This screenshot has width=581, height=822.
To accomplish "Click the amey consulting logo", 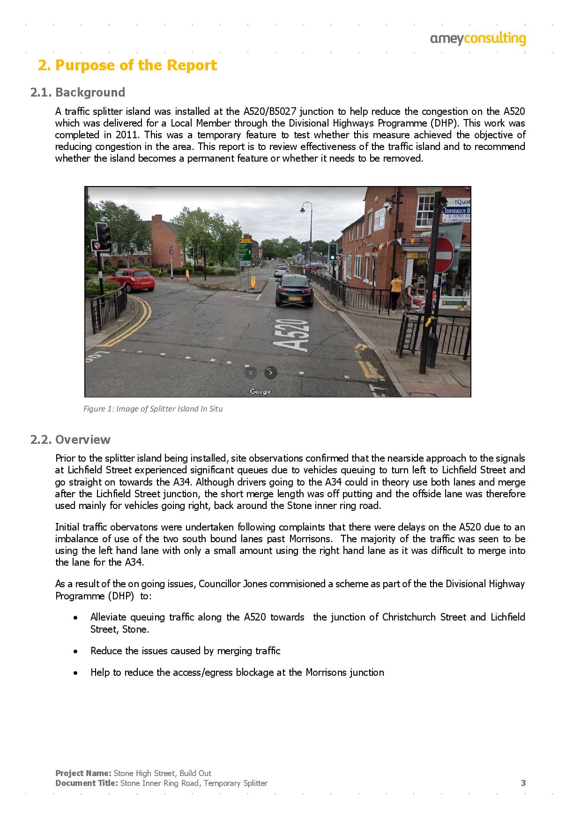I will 478,39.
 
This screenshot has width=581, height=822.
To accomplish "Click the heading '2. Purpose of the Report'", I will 127,65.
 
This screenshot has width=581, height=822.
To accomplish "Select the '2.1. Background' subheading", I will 78,92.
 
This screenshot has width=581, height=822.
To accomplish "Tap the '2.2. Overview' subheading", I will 70,440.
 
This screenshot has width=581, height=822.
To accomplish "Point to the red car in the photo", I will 134,279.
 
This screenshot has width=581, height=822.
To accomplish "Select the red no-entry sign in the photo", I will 440,255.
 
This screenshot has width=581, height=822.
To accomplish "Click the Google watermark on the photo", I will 260,392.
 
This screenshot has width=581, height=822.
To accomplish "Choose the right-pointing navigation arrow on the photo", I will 270,373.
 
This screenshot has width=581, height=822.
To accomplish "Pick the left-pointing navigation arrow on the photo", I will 251,373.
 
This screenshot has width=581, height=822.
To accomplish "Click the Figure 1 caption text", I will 153,409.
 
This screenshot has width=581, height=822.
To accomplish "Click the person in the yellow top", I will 396,293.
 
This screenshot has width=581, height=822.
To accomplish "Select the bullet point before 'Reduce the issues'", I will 75,651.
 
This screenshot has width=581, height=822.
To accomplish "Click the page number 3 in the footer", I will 523,783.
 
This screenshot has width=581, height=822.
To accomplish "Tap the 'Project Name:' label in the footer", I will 83,773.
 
